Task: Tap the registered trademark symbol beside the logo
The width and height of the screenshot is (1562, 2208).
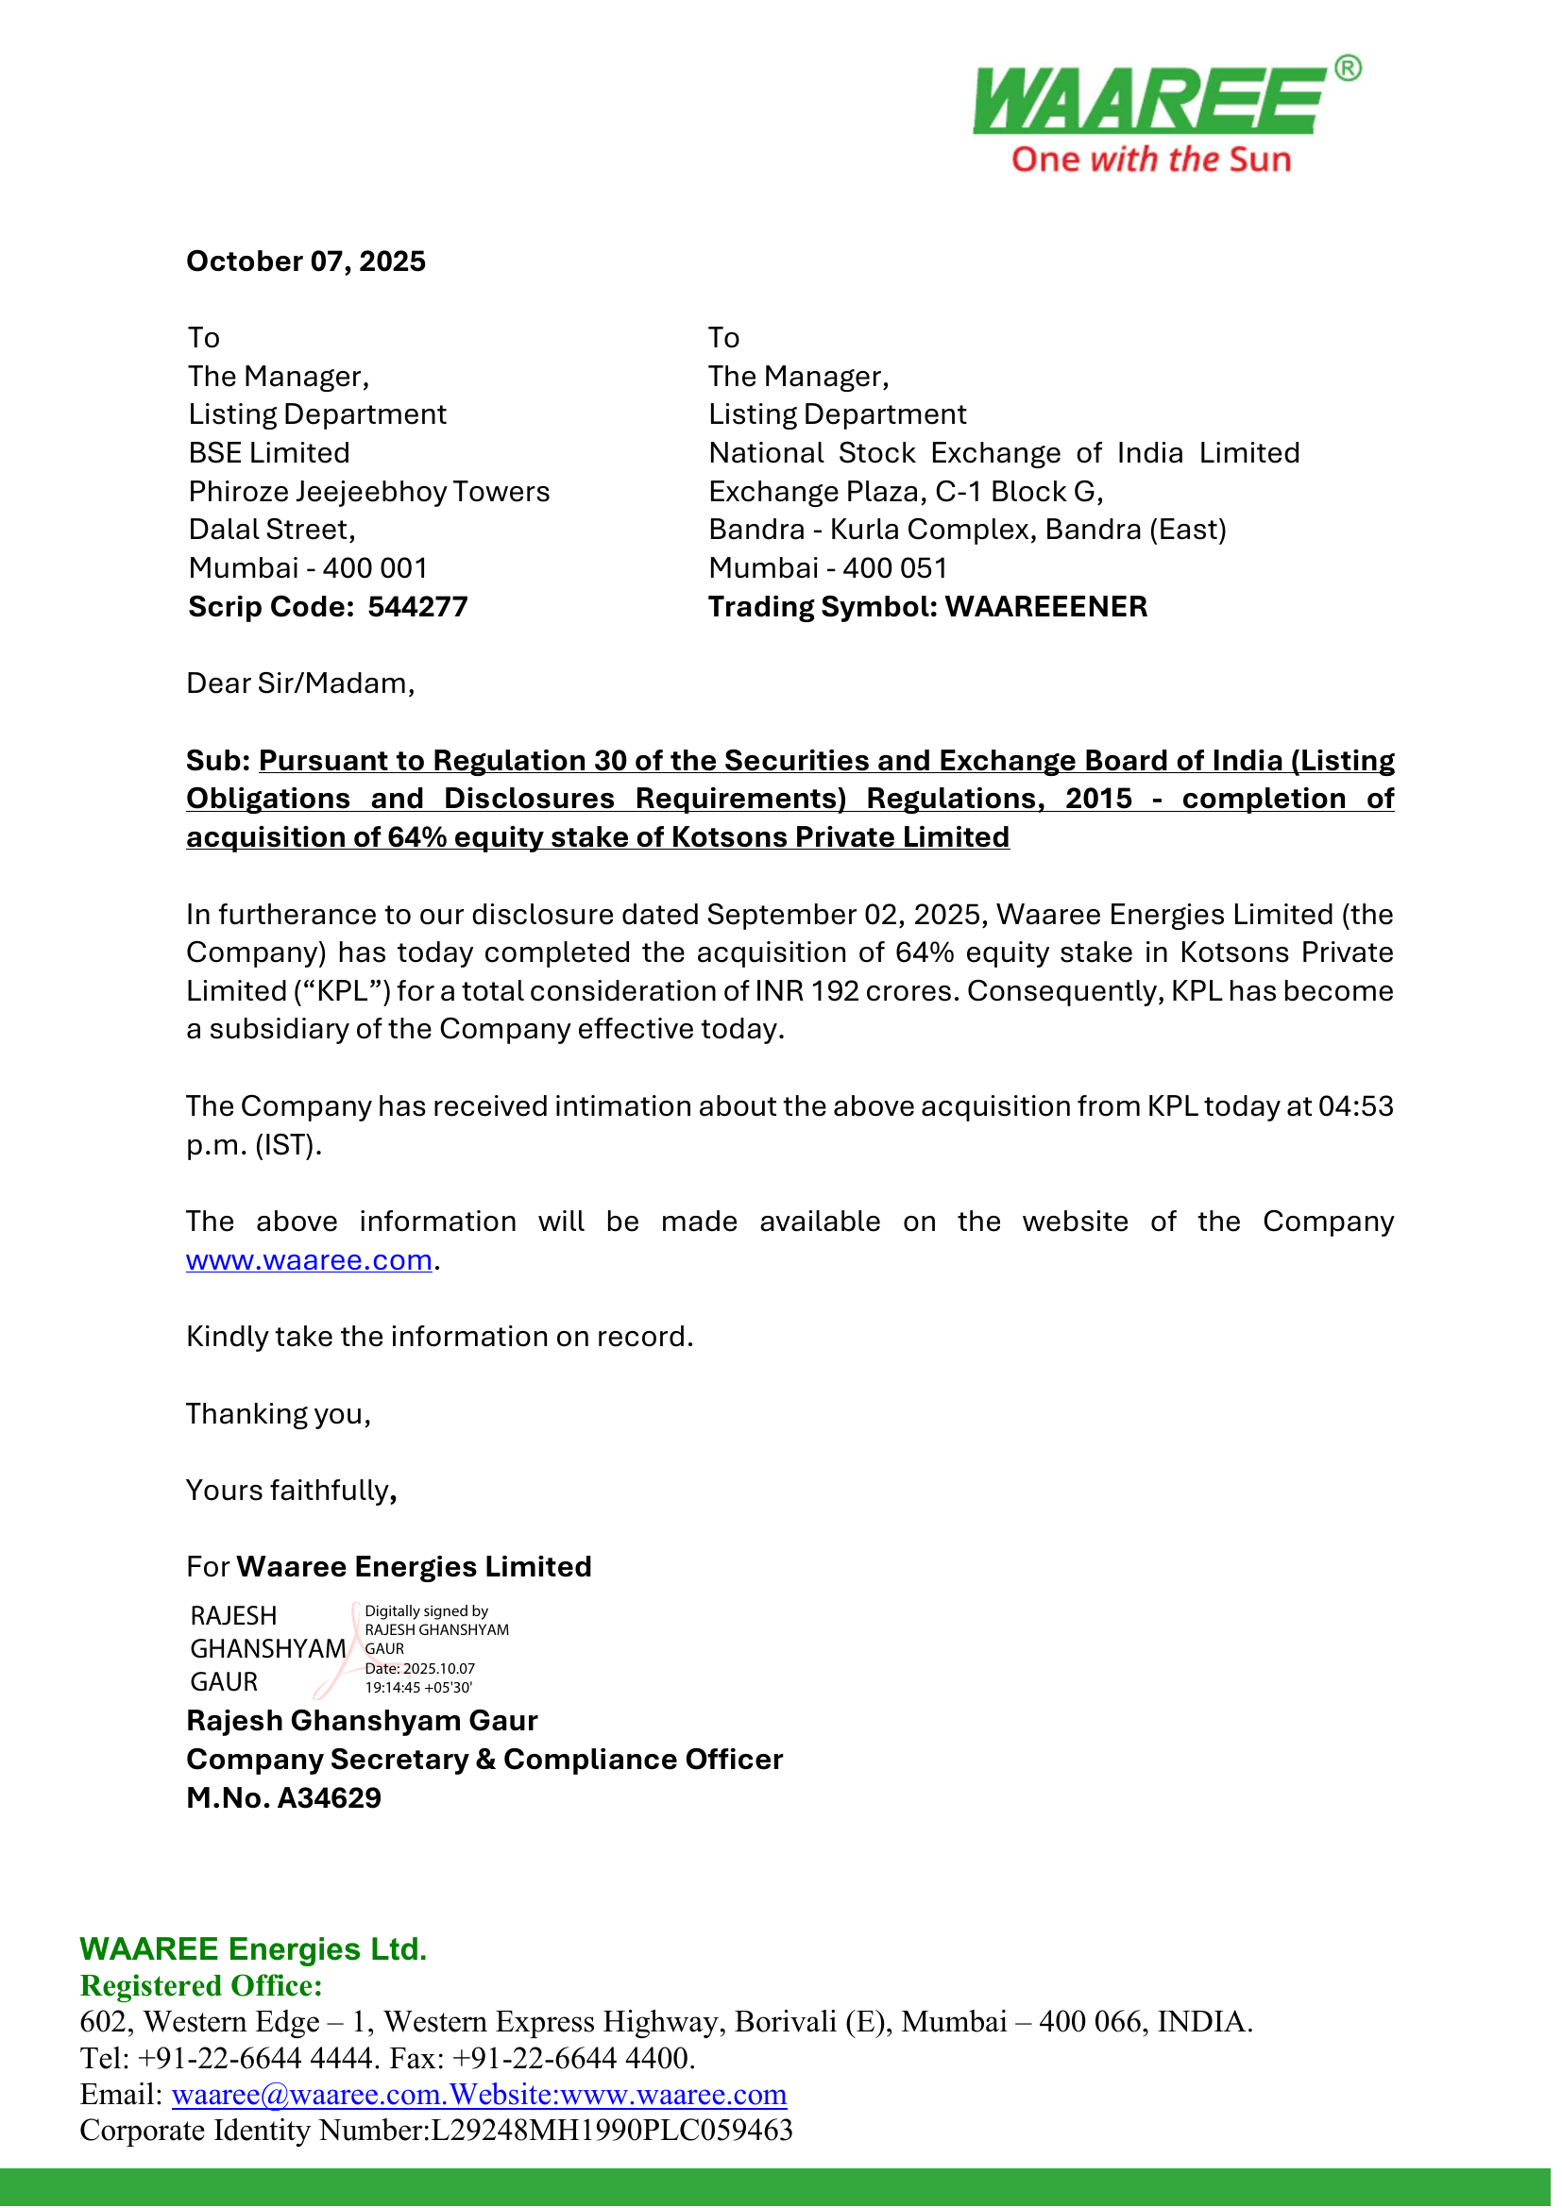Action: tap(1349, 68)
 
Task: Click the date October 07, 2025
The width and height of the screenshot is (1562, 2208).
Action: tap(306, 261)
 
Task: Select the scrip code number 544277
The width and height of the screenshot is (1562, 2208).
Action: tap(417, 607)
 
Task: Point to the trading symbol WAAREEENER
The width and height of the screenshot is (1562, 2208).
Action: tap(1046, 607)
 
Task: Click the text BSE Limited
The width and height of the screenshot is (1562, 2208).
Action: tap(269, 453)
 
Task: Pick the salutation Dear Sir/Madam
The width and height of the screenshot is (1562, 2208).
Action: tap(300, 683)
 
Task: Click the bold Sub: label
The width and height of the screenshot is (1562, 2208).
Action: tap(218, 761)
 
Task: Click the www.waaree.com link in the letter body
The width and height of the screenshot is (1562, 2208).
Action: tap(309, 1261)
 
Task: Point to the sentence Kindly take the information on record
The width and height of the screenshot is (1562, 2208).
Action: tap(439, 1337)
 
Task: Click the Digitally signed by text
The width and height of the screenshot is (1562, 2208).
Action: tap(426, 1611)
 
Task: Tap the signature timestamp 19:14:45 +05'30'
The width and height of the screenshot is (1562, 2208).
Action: tap(418, 1688)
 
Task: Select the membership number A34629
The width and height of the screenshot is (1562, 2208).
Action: tap(329, 1798)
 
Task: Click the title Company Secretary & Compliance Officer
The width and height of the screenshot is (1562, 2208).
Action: tap(484, 1760)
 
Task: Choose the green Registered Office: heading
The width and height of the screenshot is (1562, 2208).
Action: tap(201, 1986)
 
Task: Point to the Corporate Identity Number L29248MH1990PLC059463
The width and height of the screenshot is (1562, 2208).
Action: tap(612, 2132)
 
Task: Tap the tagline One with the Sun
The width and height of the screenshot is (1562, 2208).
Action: tap(1150, 160)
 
